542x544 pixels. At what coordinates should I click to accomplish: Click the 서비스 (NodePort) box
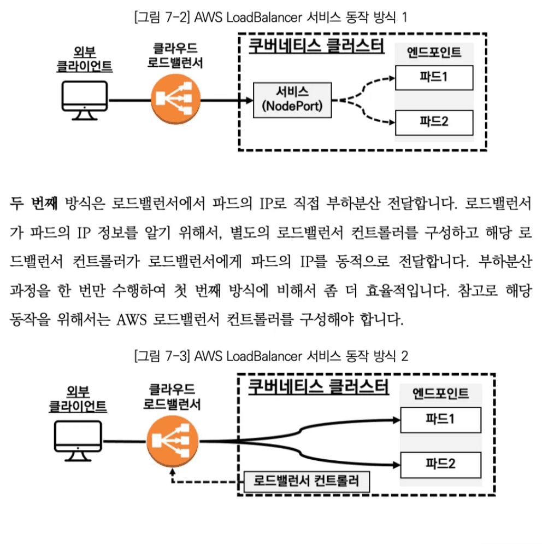[292, 100]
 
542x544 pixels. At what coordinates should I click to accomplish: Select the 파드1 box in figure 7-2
[434, 77]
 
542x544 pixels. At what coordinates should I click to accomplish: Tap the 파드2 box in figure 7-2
[434, 122]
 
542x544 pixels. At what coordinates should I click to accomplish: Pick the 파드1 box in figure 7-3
[440, 420]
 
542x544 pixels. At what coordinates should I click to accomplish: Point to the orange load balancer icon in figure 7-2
[174, 100]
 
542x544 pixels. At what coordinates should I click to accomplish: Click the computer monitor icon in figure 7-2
[84, 100]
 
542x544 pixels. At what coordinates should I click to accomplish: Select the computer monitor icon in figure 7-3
[78, 442]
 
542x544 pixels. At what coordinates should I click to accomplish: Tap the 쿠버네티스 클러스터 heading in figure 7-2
[316, 45]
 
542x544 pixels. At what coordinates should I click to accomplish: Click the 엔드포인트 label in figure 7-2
[434, 53]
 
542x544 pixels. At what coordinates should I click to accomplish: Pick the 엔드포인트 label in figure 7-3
[440, 394]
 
